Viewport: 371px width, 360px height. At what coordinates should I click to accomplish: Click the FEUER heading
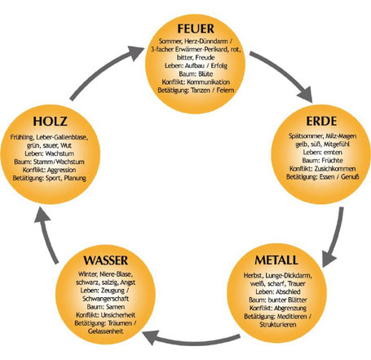pos(196,29)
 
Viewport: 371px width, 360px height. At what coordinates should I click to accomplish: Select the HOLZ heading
pos(50,122)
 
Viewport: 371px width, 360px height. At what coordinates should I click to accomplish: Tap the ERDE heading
pos(321,121)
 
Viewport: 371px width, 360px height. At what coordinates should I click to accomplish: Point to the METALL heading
pos(276,260)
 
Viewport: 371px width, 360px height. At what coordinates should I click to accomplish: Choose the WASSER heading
pos(106,260)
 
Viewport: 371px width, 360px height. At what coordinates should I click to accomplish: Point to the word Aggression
pos(61,170)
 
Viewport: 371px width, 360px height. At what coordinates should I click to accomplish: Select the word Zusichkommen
pos(335,169)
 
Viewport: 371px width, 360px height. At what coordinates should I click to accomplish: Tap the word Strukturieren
pos(278,325)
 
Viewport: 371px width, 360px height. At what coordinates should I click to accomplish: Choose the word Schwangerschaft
pos(105,299)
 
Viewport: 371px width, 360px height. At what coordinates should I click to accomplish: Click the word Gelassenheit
pos(105,331)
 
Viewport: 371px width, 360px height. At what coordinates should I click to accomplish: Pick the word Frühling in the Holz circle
pos(21,137)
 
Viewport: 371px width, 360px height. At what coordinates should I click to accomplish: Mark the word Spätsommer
pos(306,136)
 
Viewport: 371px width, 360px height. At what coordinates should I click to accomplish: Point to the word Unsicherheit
pos(118,315)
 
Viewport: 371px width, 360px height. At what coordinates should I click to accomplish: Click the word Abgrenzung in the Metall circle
pos(290,309)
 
